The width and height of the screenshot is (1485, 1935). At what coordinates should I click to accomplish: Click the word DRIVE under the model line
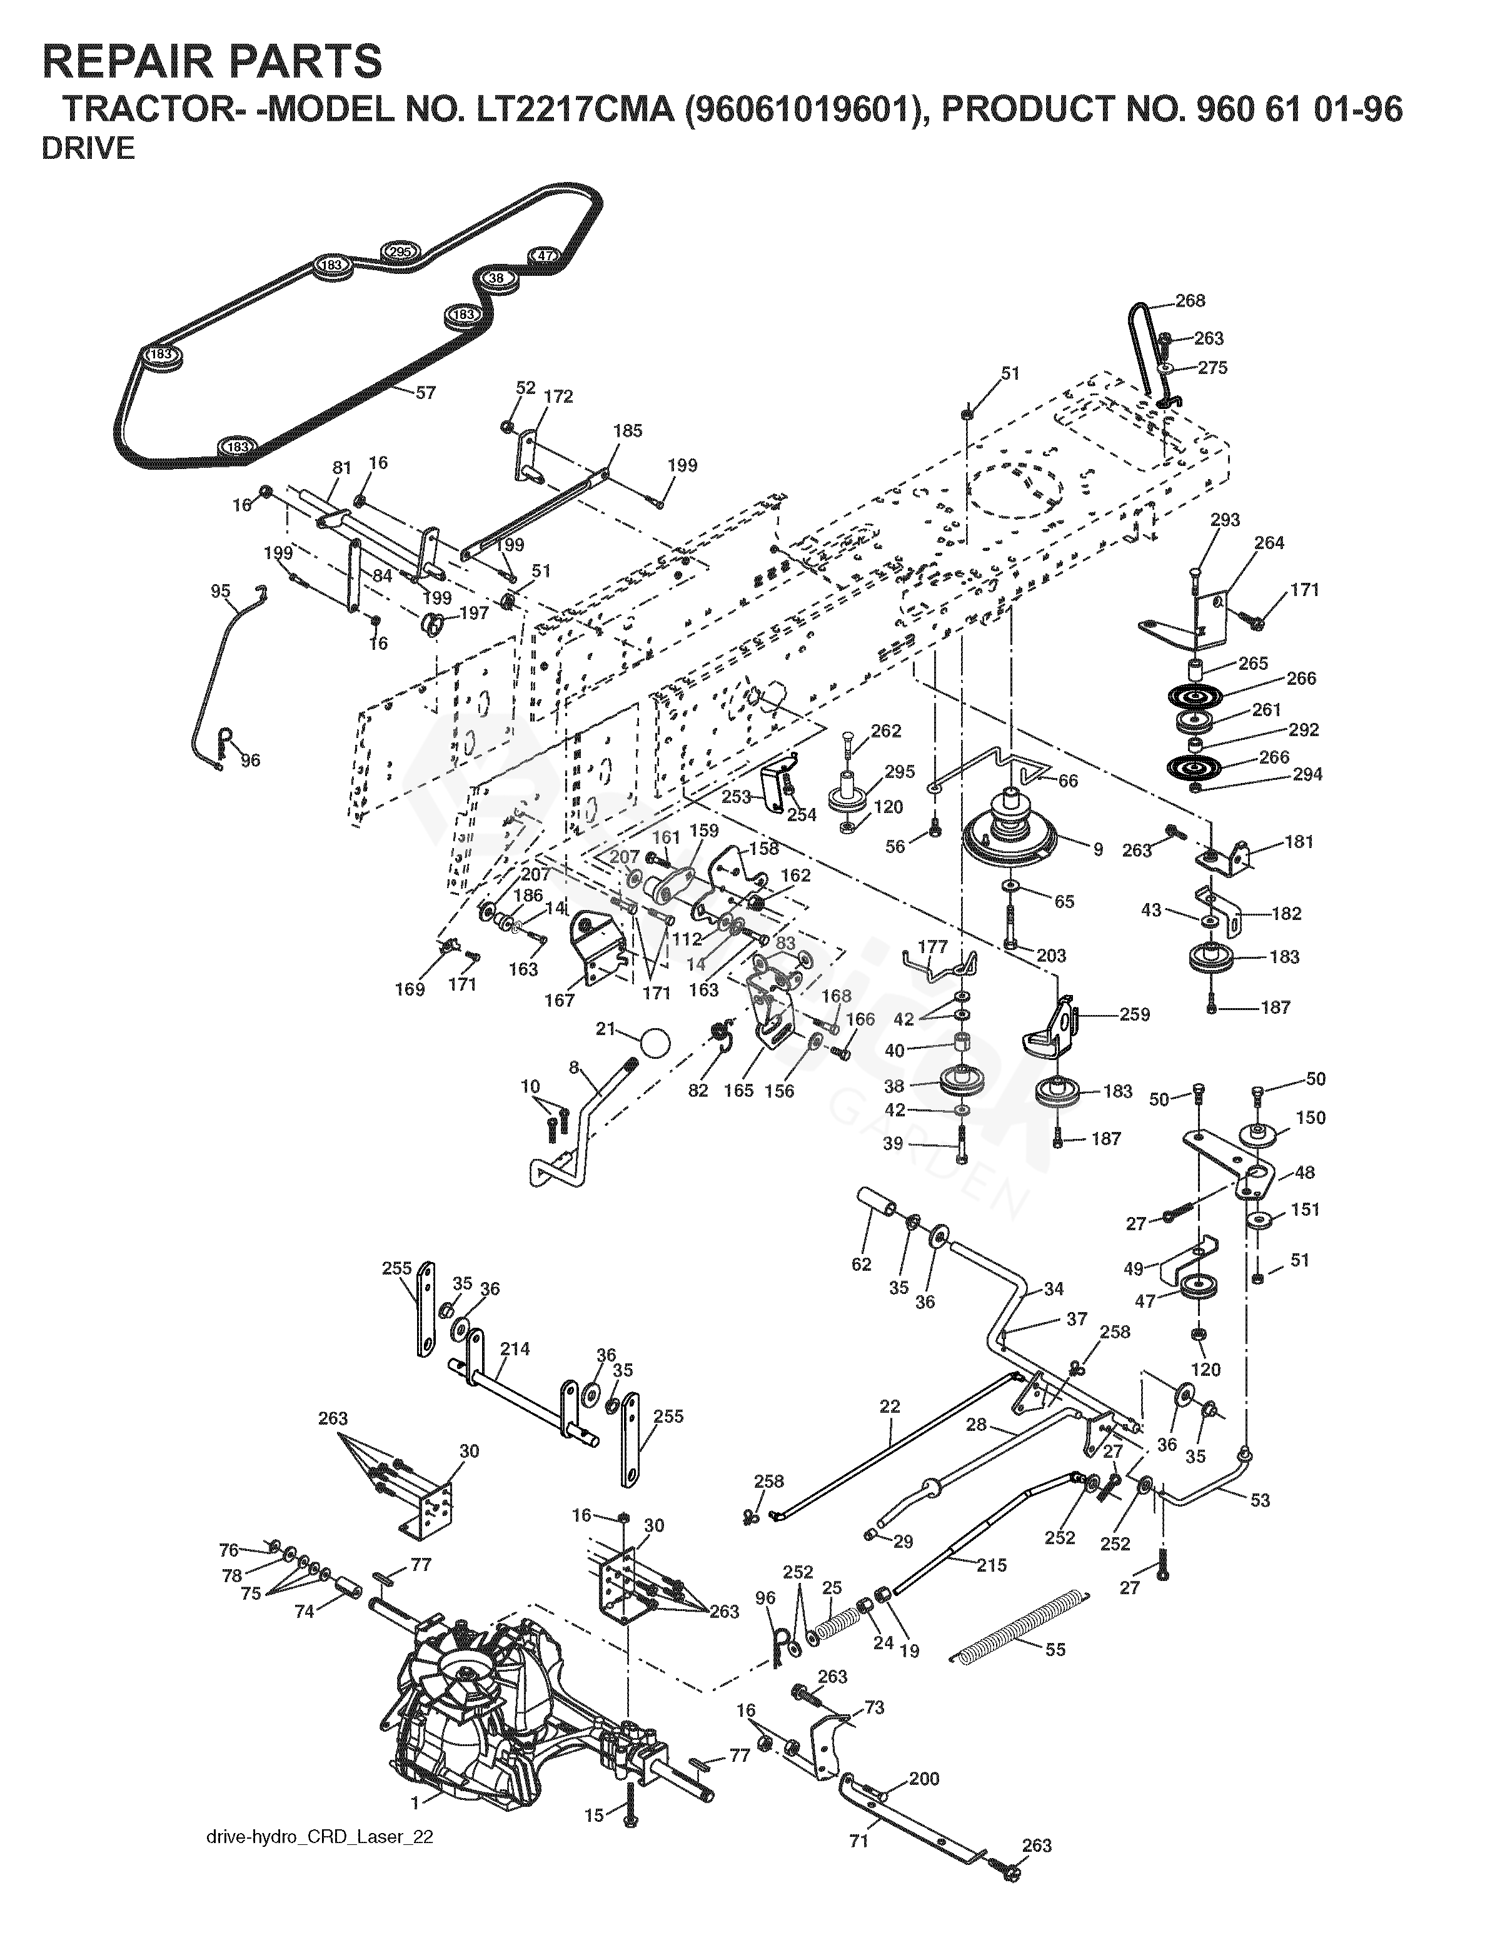[x=88, y=148]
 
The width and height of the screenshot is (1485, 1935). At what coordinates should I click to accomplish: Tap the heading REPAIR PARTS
[x=212, y=62]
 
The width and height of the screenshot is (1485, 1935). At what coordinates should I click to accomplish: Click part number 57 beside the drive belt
[x=425, y=392]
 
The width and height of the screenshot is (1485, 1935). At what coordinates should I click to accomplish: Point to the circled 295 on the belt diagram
[x=400, y=252]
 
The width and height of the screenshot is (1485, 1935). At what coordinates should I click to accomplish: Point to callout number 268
[x=1190, y=301]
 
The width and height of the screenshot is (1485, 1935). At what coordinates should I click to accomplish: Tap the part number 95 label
[x=220, y=590]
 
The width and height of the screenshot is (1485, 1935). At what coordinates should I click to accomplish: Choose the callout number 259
[x=1134, y=1014]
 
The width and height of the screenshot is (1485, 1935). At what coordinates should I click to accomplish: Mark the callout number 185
[x=628, y=430]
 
